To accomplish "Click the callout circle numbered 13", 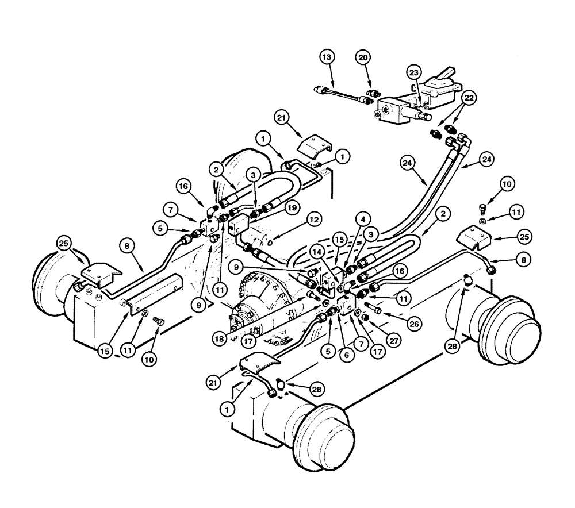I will point(327,57).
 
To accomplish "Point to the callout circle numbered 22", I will point(469,99).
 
